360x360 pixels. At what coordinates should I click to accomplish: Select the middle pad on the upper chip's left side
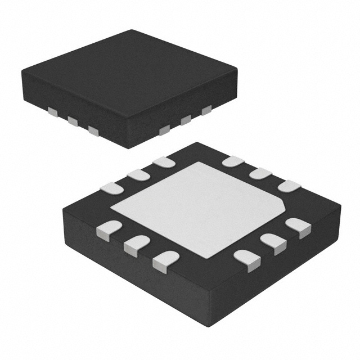73,120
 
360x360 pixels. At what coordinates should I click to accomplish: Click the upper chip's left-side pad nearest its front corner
93,131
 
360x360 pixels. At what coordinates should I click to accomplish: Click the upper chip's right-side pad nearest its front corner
164,130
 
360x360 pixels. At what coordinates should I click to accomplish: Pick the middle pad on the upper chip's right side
186,119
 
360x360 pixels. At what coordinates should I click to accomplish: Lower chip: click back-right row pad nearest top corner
233,162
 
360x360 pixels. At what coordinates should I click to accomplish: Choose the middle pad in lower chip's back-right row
260,173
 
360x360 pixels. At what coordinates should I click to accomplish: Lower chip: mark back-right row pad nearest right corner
288,186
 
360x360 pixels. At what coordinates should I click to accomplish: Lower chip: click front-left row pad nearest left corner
109,228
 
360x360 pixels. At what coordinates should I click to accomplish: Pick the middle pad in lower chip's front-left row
135,244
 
